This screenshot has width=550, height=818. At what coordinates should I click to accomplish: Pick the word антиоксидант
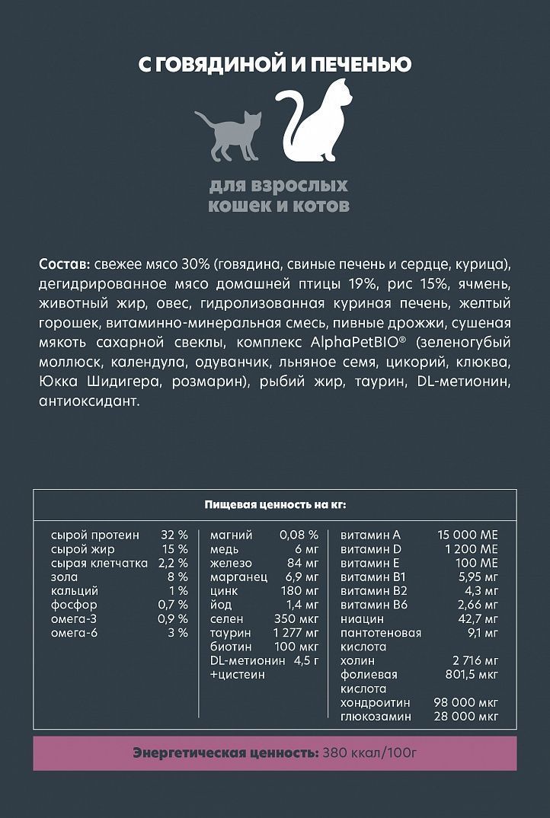(x=88, y=400)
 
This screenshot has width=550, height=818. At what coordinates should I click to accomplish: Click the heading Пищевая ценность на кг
(x=275, y=504)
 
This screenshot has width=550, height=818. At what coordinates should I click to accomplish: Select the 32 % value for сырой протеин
(x=174, y=535)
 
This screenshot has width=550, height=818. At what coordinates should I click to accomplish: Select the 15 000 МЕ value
(x=468, y=535)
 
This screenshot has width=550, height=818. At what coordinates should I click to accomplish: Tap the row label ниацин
(x=363, y=619)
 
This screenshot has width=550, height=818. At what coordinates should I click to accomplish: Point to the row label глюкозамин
(x=376, y=717)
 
